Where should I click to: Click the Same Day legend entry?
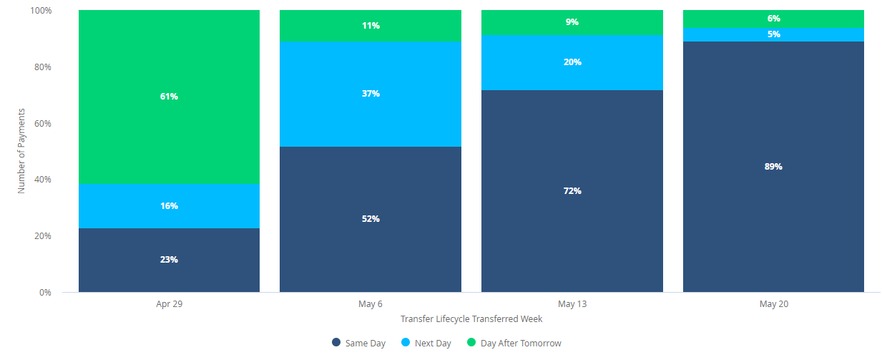pyautogui.click(x=359, y=344)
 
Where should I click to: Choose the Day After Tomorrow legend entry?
pyautogui.click(x=514, y=344)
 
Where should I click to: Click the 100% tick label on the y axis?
pyautogui.click(x=41, y=11)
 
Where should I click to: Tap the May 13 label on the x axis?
pyautogui.click(x=572, y=304)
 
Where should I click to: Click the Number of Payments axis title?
pyautogui.click(x=22, y=151)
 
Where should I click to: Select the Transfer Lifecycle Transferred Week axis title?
pyautogui.click(x=471, y=319)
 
